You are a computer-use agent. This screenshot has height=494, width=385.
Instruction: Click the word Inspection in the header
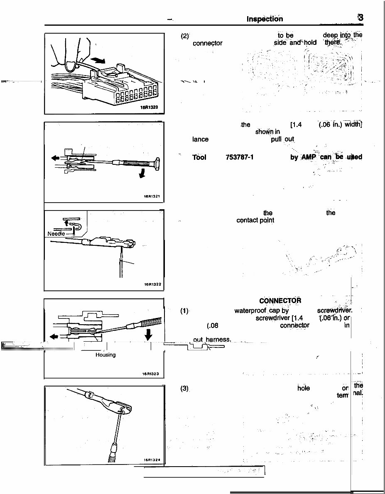(x=265, y=19)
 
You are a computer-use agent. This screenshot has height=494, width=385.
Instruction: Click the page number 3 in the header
(x=360, y=18)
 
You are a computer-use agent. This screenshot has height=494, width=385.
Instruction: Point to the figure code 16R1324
(x=152, y=460)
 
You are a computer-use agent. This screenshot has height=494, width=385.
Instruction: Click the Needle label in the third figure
(x=55, y=234)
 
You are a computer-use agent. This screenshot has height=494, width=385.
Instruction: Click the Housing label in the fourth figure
(x=105, y=355)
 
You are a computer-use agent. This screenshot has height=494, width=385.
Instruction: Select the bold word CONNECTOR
(x=280, y=301)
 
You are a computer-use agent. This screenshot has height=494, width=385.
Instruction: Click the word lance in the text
(x=200, y=140)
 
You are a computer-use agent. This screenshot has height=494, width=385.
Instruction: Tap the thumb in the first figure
(x=73, y=62)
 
